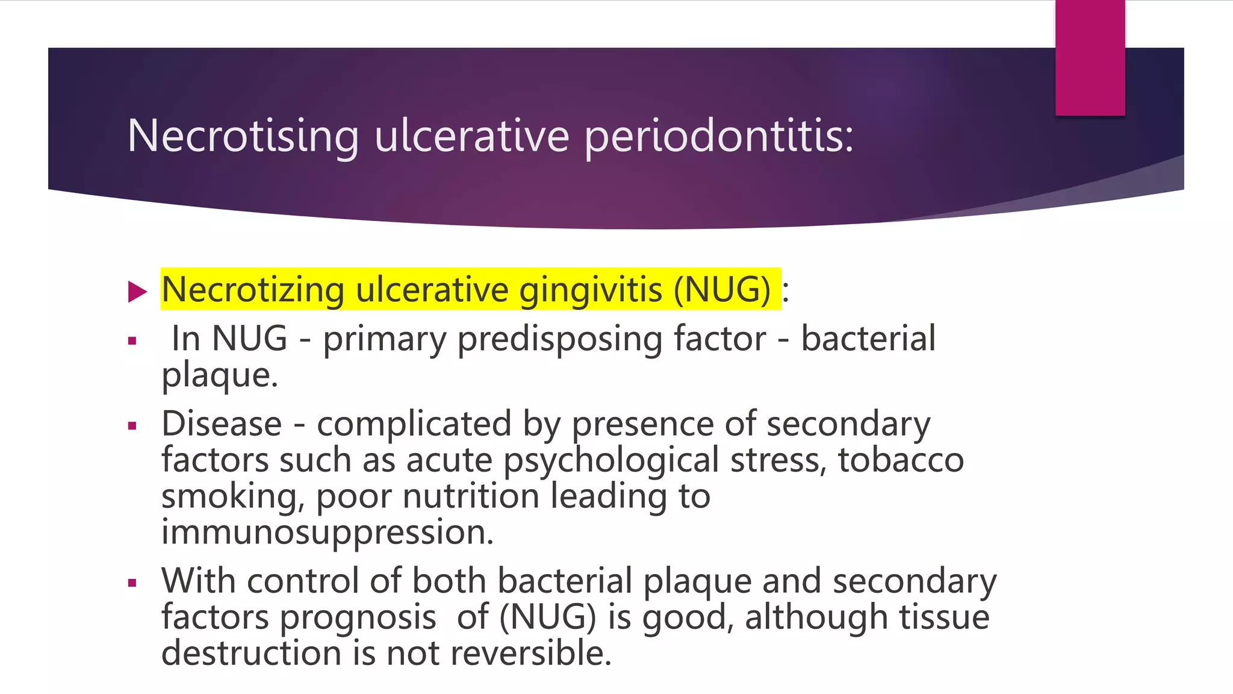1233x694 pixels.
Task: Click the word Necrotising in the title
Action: (x=243, y=136)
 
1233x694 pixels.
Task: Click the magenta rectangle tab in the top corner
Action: (x=1090, y=58)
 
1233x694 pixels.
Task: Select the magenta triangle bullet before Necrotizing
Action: (x=137, y=292)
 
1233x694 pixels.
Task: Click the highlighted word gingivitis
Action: (x=590, y=290)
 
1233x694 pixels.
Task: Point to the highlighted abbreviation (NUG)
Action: (x=721, y=290)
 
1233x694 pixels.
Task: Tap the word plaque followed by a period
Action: (x=219, y=376)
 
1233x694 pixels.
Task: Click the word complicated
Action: (x=414, y=424)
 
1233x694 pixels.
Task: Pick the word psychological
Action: (x=611, y=461)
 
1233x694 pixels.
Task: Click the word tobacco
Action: (x=901, y=460)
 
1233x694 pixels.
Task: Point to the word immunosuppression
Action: (x=327, y=533)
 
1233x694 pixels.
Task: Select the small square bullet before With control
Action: (x=132, y=583)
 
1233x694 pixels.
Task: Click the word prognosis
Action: (x=358, y=618)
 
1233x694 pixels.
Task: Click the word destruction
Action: (x=251, y=653)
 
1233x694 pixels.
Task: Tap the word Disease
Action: (x=222, y=424)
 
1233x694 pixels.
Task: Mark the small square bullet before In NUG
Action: (x=132, y=342)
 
